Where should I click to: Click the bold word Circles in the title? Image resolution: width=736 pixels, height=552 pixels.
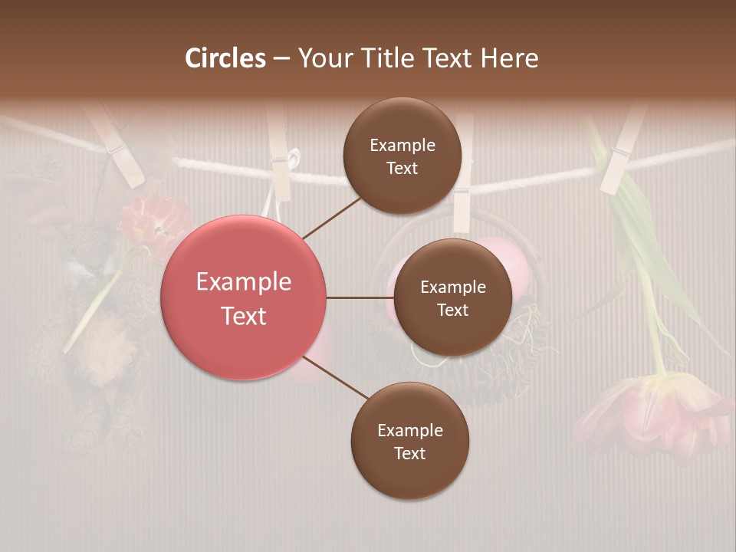click(225, 58)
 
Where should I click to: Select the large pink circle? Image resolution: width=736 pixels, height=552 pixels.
click(244, 297)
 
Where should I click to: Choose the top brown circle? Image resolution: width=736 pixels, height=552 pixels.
click(402, 156)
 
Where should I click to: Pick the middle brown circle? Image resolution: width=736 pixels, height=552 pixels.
click(453, 297)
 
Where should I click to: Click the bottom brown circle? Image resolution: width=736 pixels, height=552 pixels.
click(410, 441)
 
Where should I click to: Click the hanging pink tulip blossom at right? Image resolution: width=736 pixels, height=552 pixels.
click(652, 414)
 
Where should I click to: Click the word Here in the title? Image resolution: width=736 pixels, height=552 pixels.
click(510, 58)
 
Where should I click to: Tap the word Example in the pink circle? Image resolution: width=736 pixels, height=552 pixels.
click(244, 282)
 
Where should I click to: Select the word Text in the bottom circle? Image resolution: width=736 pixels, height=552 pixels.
click(410, 453)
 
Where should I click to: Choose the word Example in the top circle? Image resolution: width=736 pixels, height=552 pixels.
click(402, 145)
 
